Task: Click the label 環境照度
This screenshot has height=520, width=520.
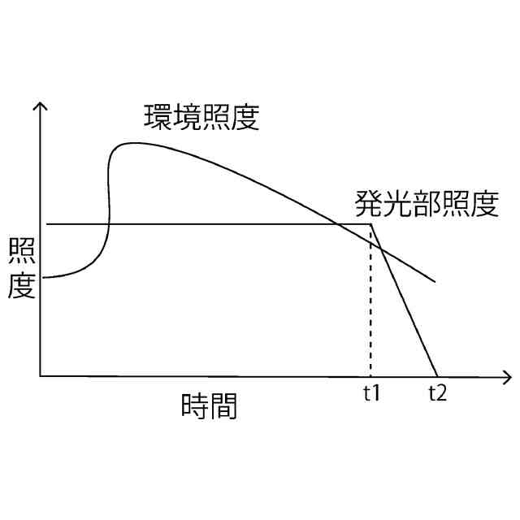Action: pos(201,119)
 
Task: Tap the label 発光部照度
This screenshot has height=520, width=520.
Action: pos(426,203)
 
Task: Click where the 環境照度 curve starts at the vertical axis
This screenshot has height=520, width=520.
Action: pos(42,278)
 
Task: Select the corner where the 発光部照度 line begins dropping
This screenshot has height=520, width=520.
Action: pos(371,223)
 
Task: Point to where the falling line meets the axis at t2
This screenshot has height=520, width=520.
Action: pos(437,375)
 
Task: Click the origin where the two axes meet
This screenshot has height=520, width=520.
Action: pos(40,376)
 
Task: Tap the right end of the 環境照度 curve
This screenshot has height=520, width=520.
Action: pos(436,281)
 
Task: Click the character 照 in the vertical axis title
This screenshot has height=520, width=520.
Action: pos(21,253)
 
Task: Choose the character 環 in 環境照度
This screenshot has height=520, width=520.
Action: pos(158,119)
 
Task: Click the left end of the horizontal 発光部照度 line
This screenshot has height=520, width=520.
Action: pos(47,223)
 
